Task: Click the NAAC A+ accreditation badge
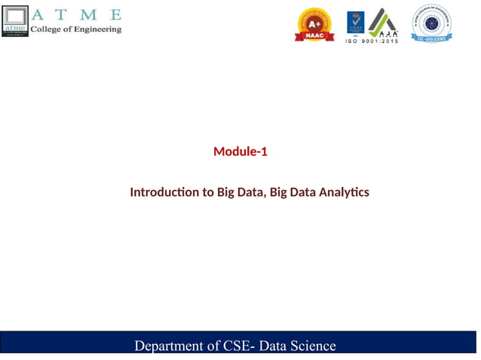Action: (314, 24)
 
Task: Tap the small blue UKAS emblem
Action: (354, 23)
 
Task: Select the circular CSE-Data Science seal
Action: (431, 23)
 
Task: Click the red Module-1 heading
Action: (240, 152)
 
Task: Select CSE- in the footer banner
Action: (239, 346)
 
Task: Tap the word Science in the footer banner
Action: (313, 346)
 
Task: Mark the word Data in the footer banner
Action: (274, 346)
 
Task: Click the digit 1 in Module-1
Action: (264, 152)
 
